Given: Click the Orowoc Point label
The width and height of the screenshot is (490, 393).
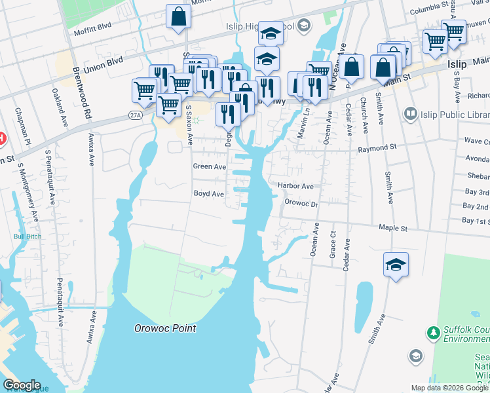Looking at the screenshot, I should (x=165, y=329).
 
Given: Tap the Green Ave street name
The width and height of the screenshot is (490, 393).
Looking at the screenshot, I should (x=209, y=167).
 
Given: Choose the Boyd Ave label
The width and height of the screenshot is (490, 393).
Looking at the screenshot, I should (x=209, y=194).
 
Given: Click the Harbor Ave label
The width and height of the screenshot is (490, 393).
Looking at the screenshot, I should (x=295, y=186).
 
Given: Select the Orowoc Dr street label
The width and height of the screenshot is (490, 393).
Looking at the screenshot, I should (x=301, y=204).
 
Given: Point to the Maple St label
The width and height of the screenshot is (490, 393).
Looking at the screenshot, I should (x=393, y=229).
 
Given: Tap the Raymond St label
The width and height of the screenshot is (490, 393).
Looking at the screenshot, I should (x=378, y=149).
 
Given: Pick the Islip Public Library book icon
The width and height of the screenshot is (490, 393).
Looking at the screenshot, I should (x=411, y=114).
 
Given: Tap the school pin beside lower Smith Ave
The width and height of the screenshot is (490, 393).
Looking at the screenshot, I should (x=396, y=264).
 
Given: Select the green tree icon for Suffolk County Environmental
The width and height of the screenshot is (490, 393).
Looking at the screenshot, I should (x=433, y=333).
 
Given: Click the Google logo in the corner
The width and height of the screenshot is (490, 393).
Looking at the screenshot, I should (x=21, y=386).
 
